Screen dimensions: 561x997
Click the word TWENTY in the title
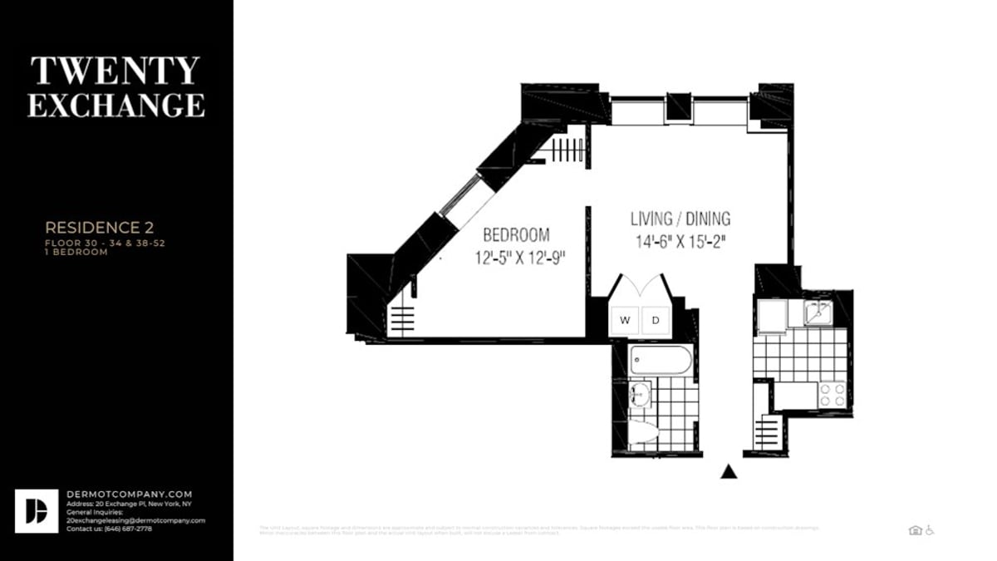click(115, 71)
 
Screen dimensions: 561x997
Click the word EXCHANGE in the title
click(115, 106)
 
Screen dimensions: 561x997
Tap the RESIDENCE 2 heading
click(100, 227)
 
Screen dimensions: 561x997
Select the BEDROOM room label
click(516, 235)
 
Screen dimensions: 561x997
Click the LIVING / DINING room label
click(680, 219)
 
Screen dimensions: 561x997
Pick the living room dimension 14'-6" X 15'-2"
click(680, 242)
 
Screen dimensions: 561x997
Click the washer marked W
click(625, 320)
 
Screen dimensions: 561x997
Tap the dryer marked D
click(655, 320)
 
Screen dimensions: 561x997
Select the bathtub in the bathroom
click(661, 361)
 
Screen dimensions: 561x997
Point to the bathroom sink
click(640, 394)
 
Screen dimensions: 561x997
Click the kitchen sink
click(817, 312)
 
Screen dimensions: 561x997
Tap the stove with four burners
click(832, 394)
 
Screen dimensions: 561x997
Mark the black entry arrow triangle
click(729, 472)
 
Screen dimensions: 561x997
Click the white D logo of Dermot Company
click(37, 510)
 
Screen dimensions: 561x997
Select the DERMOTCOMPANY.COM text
click(130, 494)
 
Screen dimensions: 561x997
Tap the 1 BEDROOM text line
click(76, 252)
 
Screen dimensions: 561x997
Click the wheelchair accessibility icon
click(930, 530)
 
